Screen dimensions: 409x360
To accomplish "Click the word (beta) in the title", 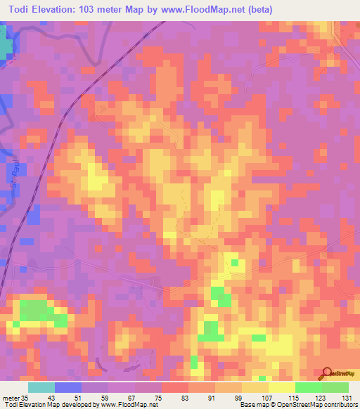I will click(x=257, y=9).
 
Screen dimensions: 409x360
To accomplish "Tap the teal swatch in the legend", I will click(x=41, y=387).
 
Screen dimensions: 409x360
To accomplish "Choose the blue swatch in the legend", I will click(x=68, y=387).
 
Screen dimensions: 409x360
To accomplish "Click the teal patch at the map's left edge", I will click(x=6, y=46).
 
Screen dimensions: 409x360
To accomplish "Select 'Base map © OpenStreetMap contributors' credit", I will click(x=298, y=405).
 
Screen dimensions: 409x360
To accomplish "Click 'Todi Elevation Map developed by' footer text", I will click(x=48, y=405).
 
